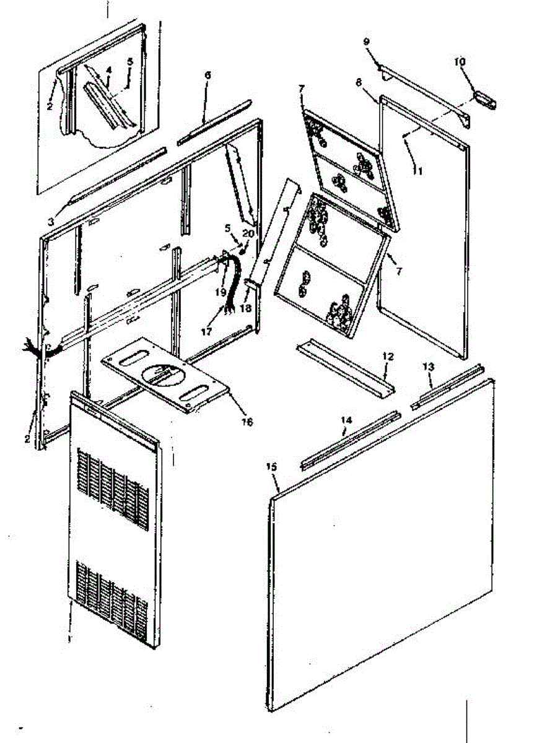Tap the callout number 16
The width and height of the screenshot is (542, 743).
[x=247, y=422]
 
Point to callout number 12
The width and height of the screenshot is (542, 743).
[x=388, y=357]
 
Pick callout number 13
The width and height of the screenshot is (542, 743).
[x=429, y=367]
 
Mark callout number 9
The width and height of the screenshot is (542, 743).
[x=366, y=41]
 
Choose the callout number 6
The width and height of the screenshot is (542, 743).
[x=208, y=75]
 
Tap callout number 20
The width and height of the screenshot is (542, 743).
[x=248, y=233]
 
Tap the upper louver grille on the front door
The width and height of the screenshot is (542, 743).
[x=113, y=490]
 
